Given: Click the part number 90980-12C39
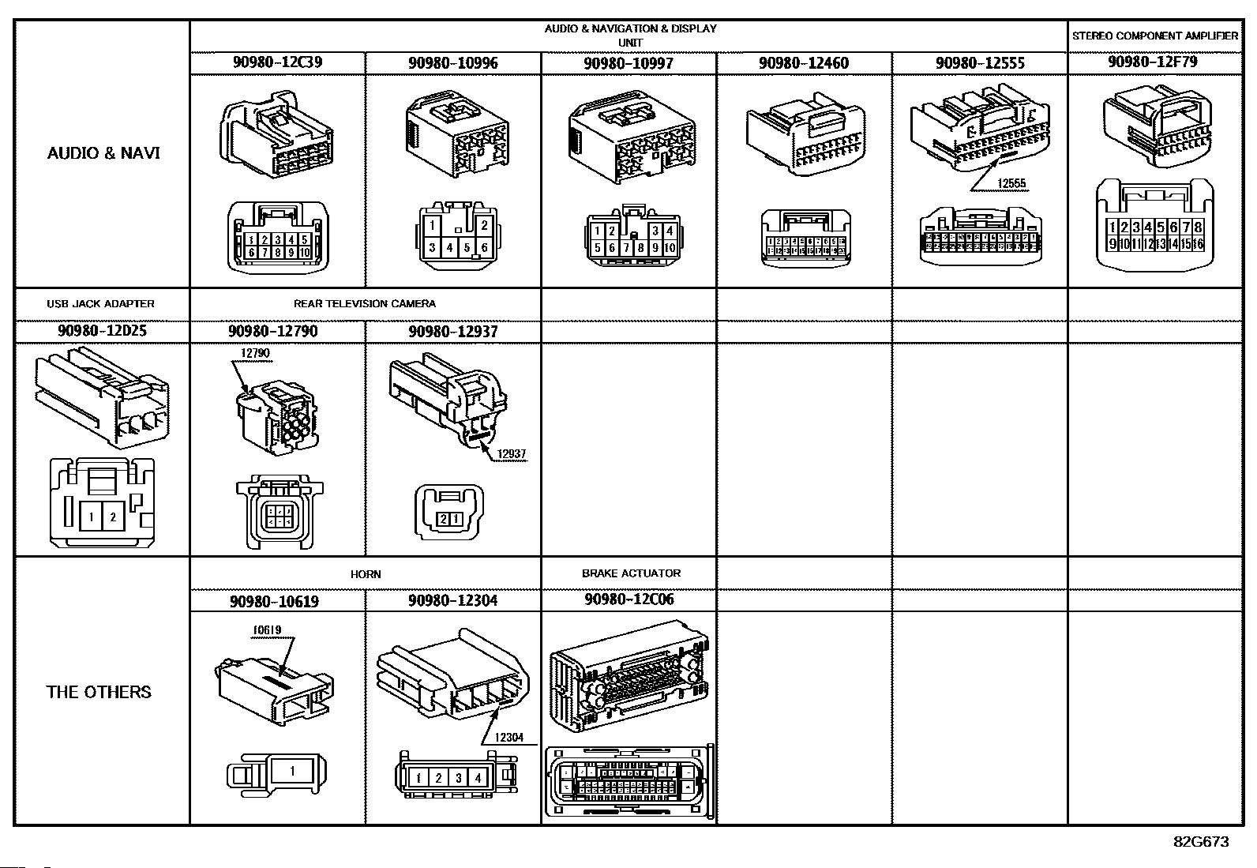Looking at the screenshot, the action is pos(277,62).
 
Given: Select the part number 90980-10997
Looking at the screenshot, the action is pos(628,63).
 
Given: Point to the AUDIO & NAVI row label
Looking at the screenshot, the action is pos(103,152).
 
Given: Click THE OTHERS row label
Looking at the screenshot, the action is pos(99,692).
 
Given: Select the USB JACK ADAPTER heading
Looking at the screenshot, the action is pos(100,303).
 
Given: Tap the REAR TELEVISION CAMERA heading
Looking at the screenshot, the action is pos(365,303).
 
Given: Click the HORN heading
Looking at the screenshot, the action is pos(366,574).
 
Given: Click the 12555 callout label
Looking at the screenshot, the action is pos(1011,184).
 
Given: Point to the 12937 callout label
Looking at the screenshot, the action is pos(512,454).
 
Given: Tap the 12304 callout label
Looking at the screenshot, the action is pos(508,738).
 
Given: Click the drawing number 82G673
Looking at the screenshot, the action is pos(1201,841).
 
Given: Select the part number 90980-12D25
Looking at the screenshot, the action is pos(102,331).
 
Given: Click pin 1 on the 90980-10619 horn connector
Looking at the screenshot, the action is pos(292,770).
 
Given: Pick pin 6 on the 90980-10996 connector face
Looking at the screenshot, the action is pos(484,247).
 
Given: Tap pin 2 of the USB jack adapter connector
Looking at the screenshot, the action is pos(113,517).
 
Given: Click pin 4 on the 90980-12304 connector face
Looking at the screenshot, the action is pos(477,778).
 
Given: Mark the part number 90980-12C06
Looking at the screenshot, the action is pos(629,599).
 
